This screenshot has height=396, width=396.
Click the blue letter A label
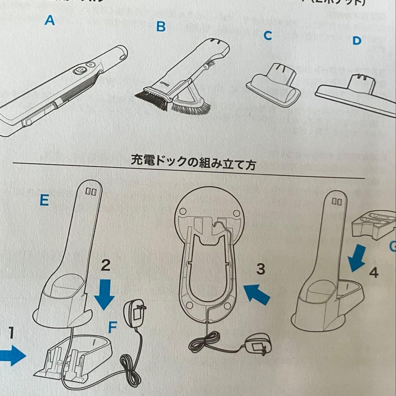point(49,20)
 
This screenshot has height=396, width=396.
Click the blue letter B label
point(161,26)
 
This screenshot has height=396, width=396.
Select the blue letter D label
point(356,41)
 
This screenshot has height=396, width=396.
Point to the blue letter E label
point(44,200)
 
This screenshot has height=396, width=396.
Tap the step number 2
point(105,265)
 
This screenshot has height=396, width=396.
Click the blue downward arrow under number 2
point(105,294)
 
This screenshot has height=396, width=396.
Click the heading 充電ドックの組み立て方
point(193,161)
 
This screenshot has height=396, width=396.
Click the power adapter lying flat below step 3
point(259,344)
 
